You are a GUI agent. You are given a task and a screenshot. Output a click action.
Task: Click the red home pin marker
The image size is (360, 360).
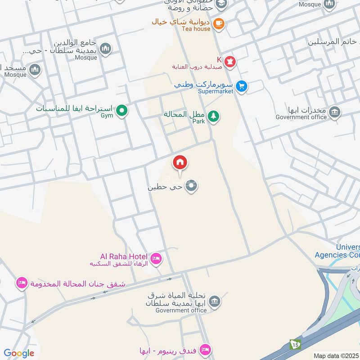click(x=180, y=162)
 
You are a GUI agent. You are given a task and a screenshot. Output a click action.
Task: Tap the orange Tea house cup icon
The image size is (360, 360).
click(x=219, y=23)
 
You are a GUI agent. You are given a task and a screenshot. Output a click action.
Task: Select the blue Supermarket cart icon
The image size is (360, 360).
click(x=242, y=85)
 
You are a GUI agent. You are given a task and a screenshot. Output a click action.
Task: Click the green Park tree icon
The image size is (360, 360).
click(x=214, y=116)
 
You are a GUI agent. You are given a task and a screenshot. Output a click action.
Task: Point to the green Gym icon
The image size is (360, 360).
click(x=121, y=110)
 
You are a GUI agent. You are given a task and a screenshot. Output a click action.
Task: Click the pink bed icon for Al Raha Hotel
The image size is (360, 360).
click(x=156, y=258)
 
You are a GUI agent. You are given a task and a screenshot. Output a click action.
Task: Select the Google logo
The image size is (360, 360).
click(x=19, y=353)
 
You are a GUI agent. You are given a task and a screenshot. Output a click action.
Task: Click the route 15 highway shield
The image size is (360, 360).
click(x=295, y=345)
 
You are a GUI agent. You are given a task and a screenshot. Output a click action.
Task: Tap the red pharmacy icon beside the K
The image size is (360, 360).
click(x=230, y=61)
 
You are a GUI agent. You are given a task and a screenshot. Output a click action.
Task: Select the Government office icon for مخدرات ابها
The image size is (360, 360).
click(x=334, y=112)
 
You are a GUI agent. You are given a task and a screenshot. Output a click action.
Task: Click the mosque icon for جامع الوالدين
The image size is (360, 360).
click(x=105, y=49)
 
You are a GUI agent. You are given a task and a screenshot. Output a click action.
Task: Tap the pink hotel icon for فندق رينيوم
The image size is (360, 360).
click(x=205, y=350)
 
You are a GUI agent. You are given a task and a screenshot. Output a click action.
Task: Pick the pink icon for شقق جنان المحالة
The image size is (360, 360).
click(x=21, y=283)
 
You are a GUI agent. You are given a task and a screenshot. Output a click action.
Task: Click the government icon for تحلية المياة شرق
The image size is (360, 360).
click(x=215, y=301)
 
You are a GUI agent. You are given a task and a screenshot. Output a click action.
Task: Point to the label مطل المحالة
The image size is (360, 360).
click(x=184, y=114)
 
